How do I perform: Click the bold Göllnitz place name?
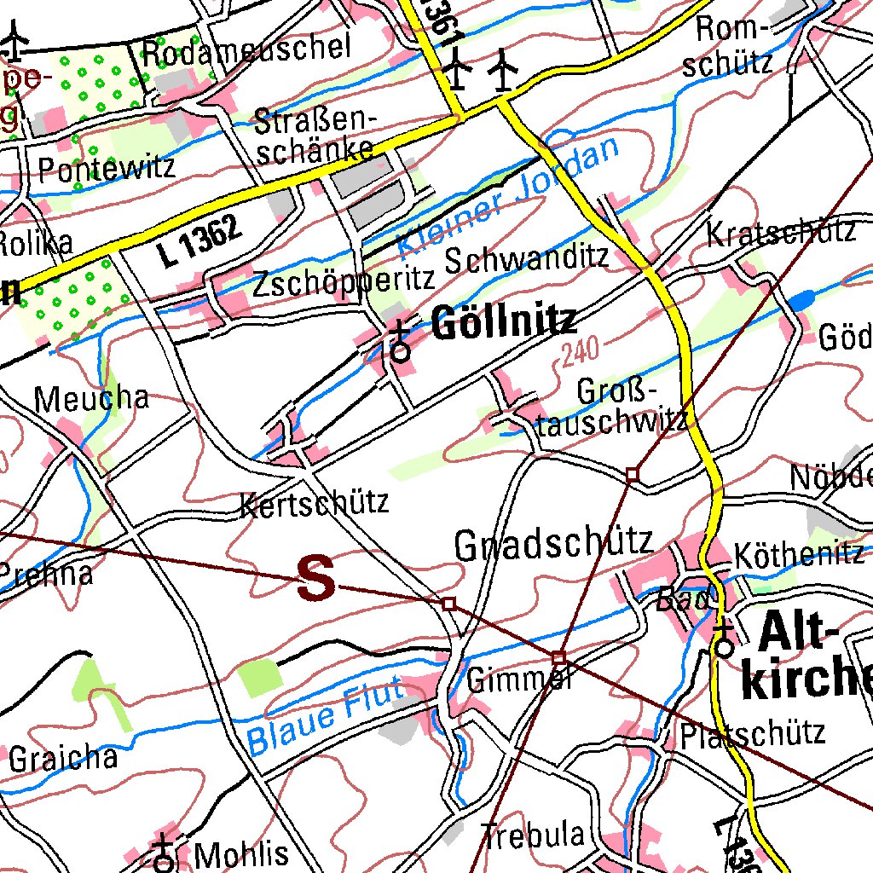pos(504,323)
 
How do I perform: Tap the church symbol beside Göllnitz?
pos(400,341)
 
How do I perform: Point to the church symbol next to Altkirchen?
pos(724,639)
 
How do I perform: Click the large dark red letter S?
pos(316,579)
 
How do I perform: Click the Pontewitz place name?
pos(107,168)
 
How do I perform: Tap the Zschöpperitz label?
pos(344,282)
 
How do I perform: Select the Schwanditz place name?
pos(526,257)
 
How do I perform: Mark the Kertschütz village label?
pos(315,502)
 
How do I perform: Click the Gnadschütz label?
pos(553,544)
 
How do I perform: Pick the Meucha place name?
pos(91,397)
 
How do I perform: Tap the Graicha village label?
pos(63,758)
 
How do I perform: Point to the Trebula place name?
pos(533,835)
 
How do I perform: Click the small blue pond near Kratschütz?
pos(801,299)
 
